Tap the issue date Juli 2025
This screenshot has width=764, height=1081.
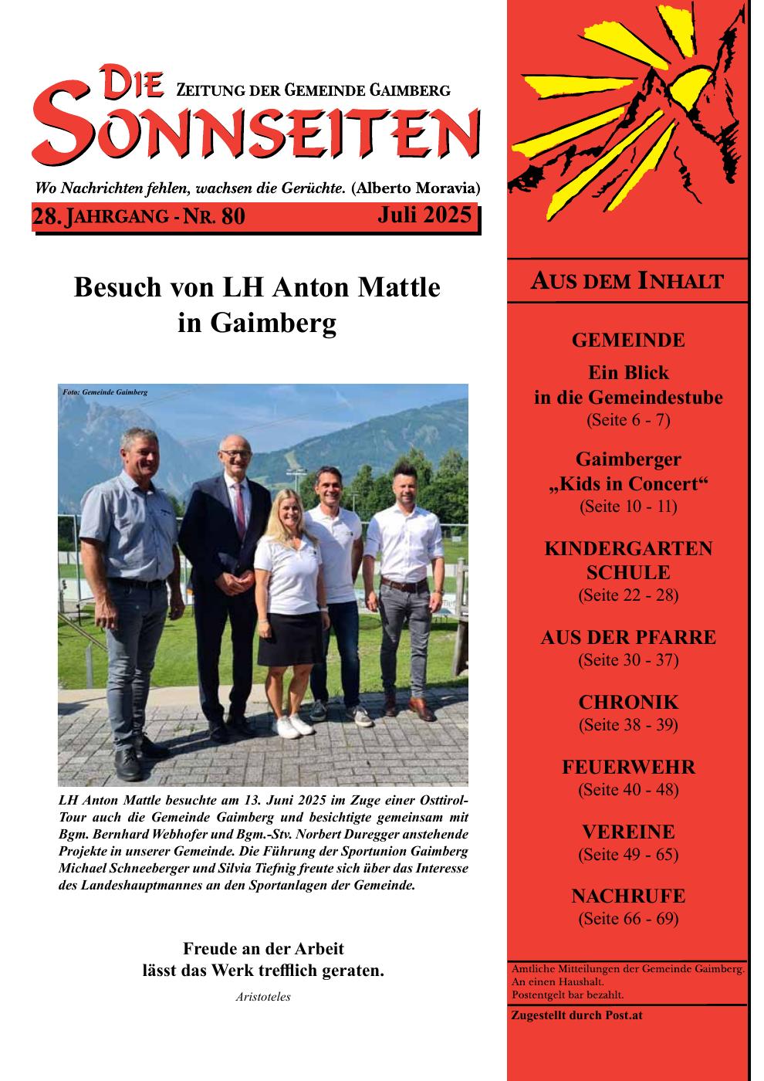tap(424, 215)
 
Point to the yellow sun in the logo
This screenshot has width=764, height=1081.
tap(689, 86)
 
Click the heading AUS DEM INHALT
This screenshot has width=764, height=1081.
tap(627, 281)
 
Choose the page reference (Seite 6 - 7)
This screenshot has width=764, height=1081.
tap(628, 421)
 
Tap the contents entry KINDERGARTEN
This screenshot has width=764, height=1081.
tap(628, 549)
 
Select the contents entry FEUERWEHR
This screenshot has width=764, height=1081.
tap(628, 768)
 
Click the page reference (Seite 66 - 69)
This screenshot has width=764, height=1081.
tap(628, 919)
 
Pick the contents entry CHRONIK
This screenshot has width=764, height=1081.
tap(628, 703)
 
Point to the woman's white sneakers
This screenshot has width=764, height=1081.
tap(287, 726)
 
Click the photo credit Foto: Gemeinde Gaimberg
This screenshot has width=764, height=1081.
tap(105, 392)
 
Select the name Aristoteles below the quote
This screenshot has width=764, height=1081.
tap(262, 997)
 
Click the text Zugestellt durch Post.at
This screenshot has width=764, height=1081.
tap(576, 1015)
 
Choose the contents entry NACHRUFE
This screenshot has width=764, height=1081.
tap(628, 897)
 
